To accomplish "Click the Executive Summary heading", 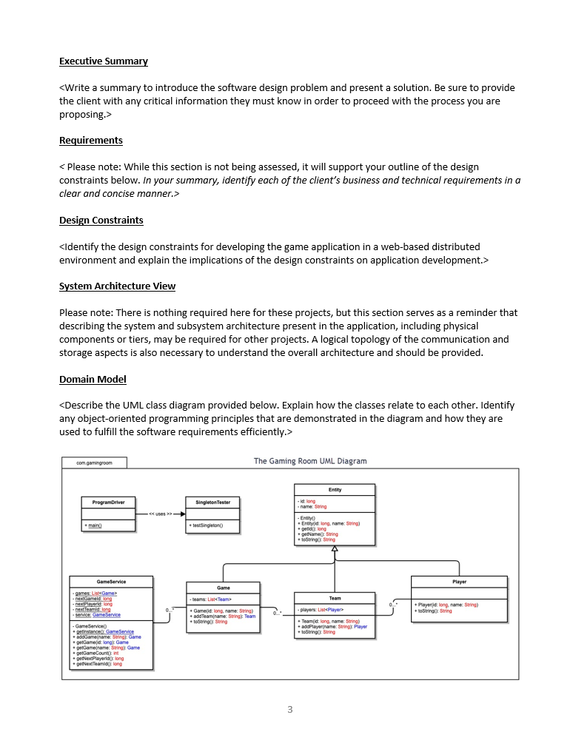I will point(104,61).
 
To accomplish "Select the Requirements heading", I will point(91,141).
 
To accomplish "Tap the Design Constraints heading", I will point(101,221).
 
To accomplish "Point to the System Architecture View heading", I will point(117,286).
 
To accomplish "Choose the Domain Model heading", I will point(93,380).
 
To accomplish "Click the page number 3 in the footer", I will point(289,710).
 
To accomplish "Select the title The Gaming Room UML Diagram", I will point(310,461).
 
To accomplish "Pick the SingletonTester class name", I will point(212,503).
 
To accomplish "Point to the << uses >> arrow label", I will point(160,514).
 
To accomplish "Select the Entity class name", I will point(335,490).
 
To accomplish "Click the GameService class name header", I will point(111,582).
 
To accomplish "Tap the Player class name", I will point(459,582).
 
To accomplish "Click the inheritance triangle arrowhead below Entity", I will point(335,549).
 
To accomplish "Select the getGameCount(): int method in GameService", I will point(96,653).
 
